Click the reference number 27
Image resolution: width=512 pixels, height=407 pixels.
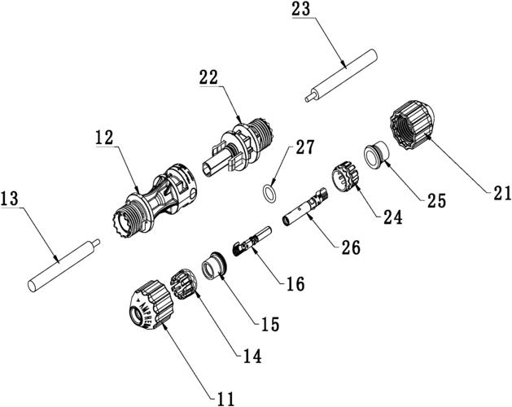(304, 147)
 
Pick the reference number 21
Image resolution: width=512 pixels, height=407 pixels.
(500, 194)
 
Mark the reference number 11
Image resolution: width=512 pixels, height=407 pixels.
(225, 397)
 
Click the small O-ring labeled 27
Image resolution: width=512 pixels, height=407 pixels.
(268, 193)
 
